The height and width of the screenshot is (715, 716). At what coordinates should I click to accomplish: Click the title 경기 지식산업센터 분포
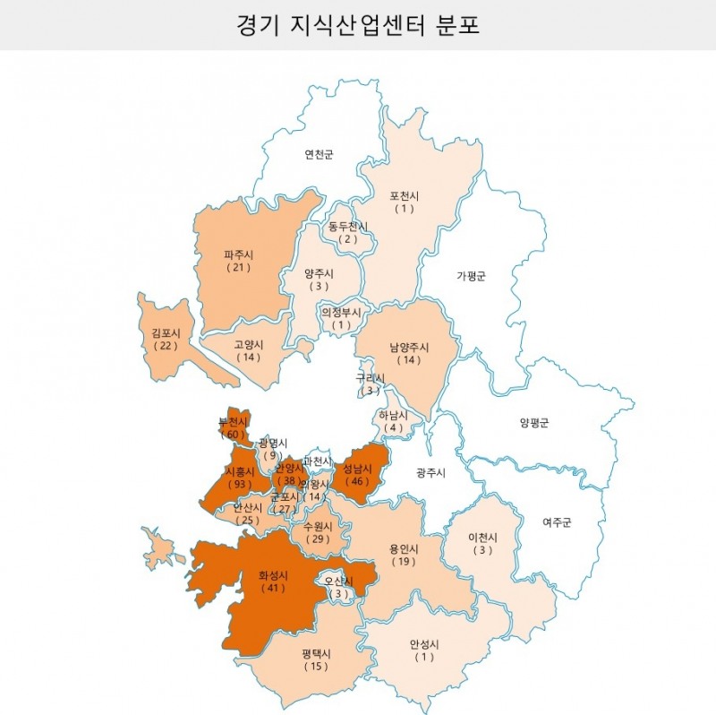tap(358, 24)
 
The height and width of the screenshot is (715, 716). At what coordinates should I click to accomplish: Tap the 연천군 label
tap(319, 154)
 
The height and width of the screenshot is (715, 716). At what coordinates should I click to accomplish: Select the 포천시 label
tap(405, 196)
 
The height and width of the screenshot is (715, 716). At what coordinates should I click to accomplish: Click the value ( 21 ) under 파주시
tap(239, 268)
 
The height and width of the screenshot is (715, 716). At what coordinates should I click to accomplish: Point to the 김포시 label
tap(166, 332)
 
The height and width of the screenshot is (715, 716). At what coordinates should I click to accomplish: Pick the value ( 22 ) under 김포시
tap(166, 345)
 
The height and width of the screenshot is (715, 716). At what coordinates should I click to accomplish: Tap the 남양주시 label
tap(410, 348)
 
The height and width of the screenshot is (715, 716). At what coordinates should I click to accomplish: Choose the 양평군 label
tap(534, 422)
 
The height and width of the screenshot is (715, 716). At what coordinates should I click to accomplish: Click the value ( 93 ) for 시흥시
tap(239, 484)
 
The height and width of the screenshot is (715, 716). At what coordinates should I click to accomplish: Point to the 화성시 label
tap(273, 575)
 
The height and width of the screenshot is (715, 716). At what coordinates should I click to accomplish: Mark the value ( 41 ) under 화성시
tap(273, 589)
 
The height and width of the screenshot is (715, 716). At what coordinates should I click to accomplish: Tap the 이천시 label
tap(483, 538)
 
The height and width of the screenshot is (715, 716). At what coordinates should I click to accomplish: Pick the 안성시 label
tap(424, 644)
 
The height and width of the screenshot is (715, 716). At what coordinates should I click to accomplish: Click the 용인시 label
tap(404, 548)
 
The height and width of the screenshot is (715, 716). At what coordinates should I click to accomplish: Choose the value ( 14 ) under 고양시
tap(249, 357)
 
